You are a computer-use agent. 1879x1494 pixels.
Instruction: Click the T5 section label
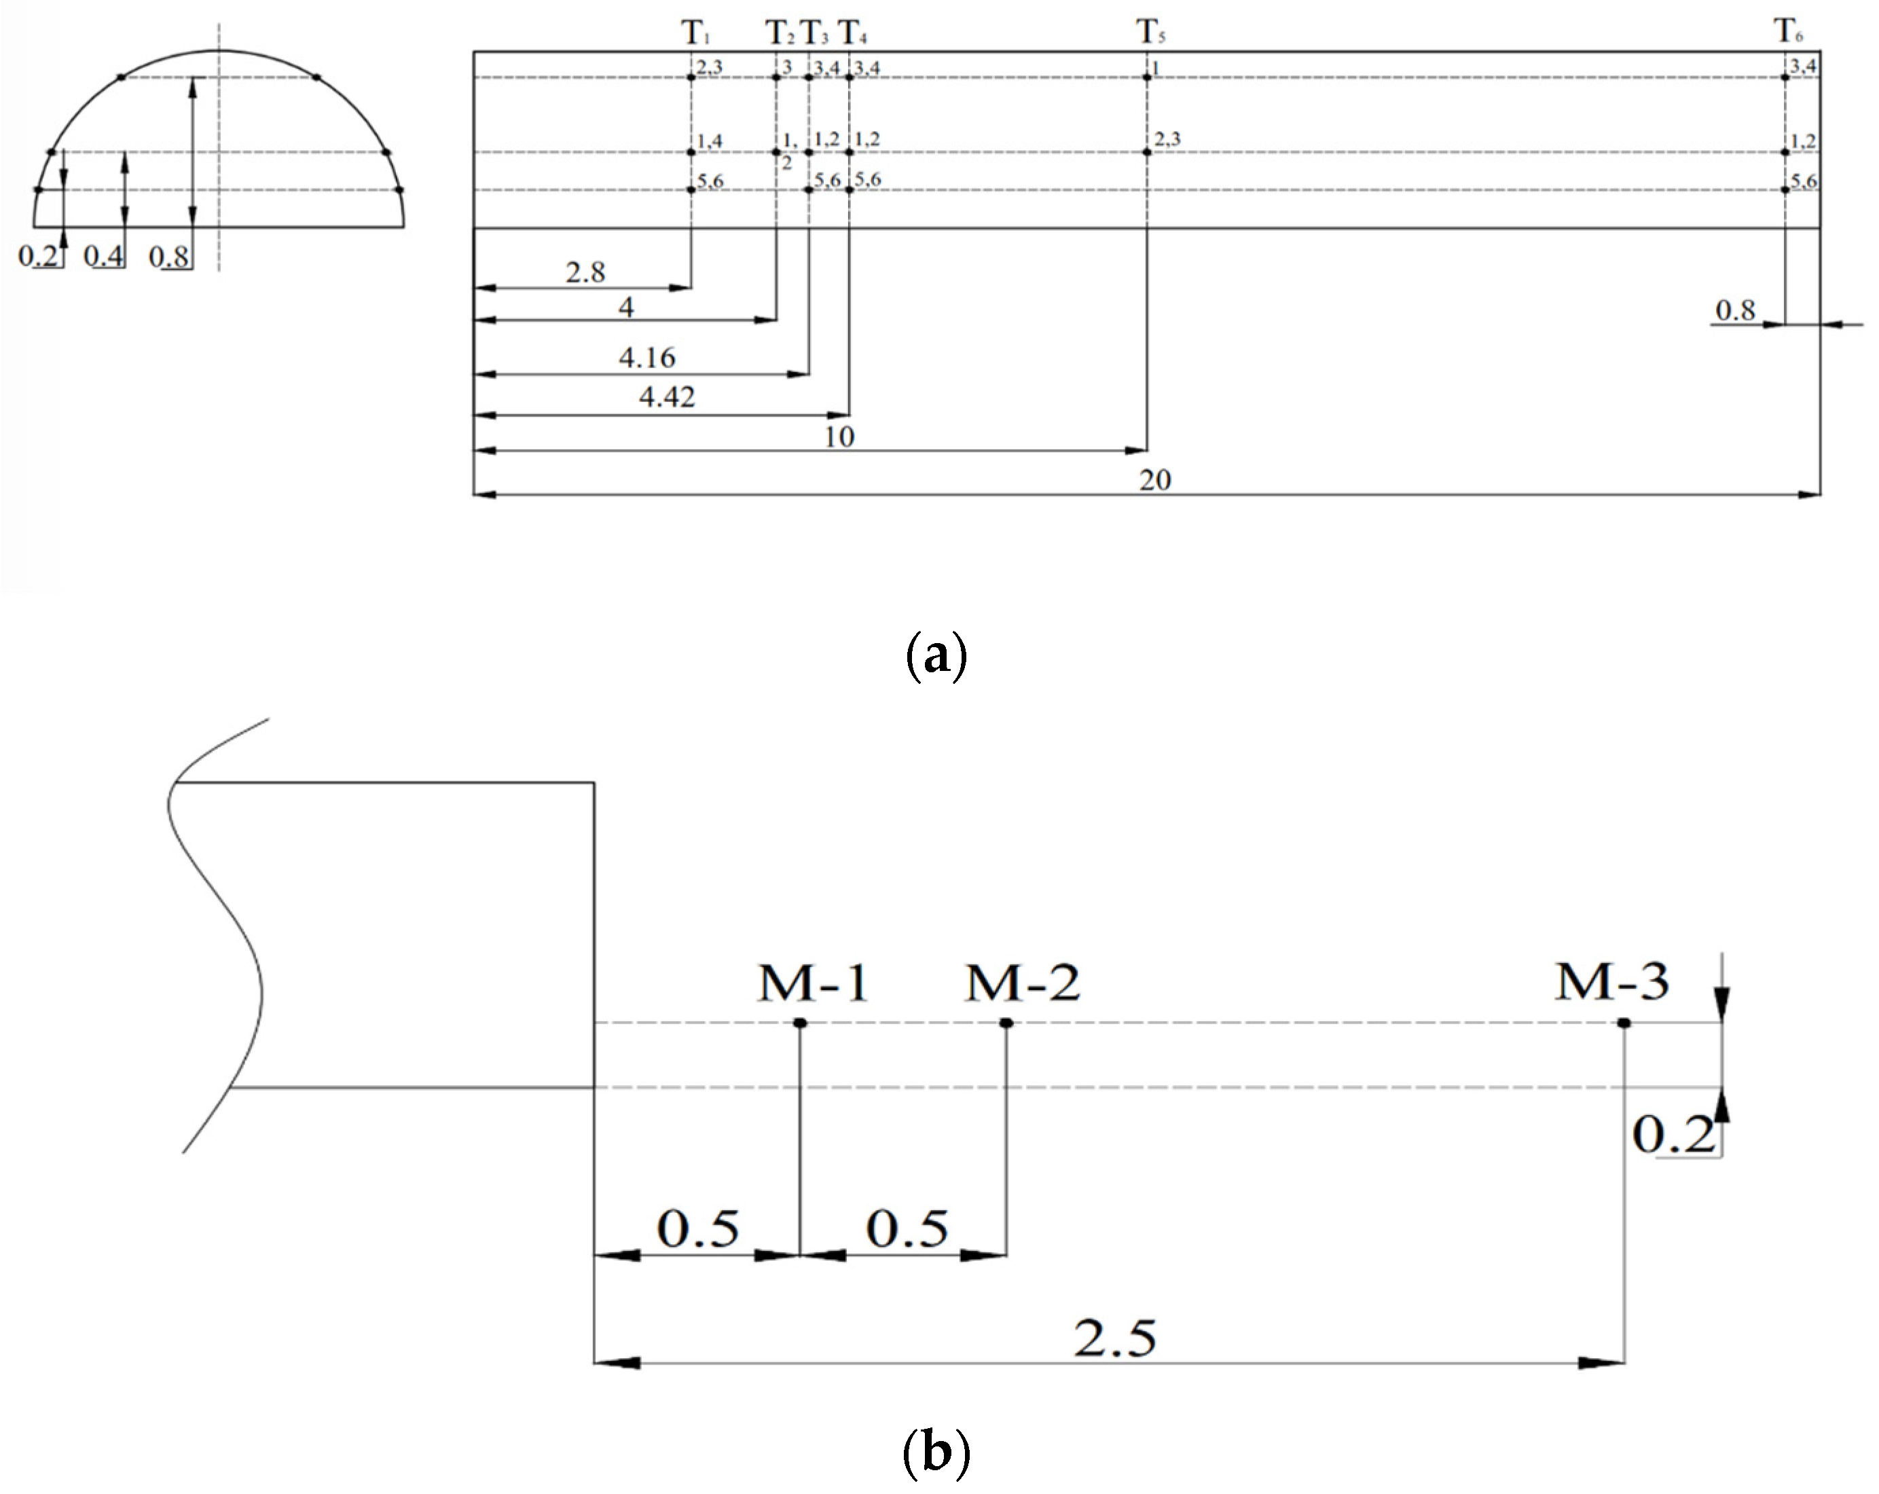1150,33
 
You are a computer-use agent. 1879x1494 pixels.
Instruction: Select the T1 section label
695,33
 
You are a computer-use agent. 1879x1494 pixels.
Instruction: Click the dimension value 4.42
667,397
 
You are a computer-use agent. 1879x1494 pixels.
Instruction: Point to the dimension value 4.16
648,357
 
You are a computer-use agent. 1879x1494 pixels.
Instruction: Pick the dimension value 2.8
585,273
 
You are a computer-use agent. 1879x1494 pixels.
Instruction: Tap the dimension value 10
839,437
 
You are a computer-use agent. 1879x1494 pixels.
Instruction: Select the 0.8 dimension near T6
1735,310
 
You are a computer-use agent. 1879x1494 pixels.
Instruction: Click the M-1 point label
813,983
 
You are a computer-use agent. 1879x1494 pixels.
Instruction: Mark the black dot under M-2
1006,1023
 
